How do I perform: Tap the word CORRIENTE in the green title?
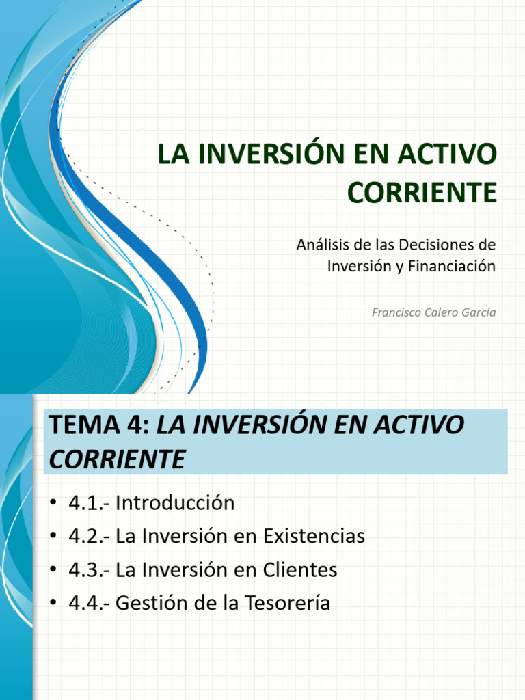(x=418, y=192)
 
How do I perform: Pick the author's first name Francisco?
(x=398, y=312)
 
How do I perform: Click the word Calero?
(x=441, y=312)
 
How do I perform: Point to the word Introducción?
(x=175, y=504)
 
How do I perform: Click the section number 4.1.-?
(x=89, y=504)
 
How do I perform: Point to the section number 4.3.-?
(x=89, y=570)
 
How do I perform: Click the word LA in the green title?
(x=174, y=155)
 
